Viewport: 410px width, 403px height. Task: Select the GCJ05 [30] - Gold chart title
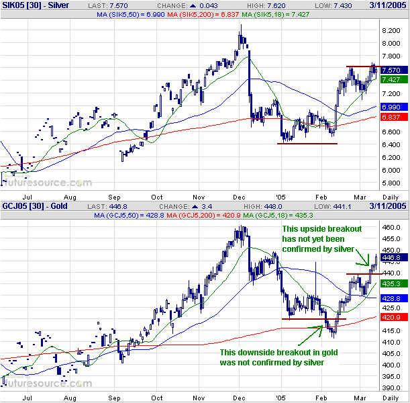point(32,207)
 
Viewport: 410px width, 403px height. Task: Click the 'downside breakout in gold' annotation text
point(278,357)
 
